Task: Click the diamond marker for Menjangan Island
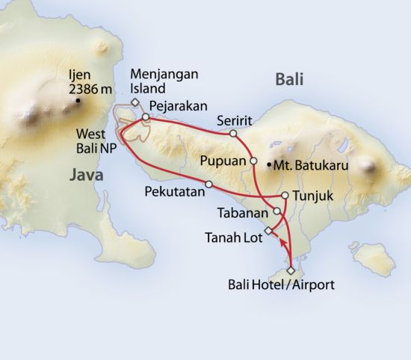135,102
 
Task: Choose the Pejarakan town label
178,105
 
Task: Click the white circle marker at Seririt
232,134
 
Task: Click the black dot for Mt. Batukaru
269,164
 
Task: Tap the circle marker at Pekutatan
208,184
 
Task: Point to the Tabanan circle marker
277,211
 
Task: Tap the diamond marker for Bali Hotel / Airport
291,270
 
